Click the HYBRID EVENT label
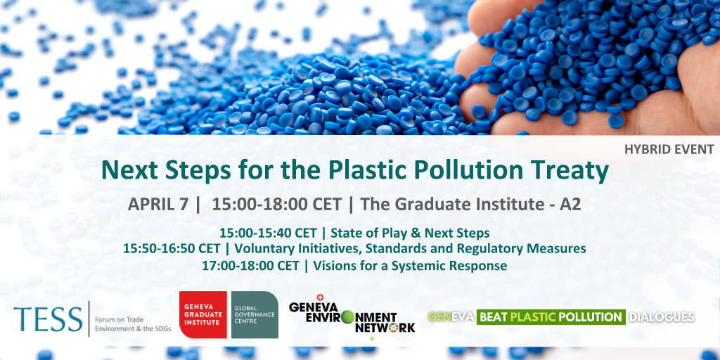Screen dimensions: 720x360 point(669,149)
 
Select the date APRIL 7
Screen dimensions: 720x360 point(158,205)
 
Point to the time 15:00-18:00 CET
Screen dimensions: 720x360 point(276,205)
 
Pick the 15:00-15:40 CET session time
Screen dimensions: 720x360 point(268,233)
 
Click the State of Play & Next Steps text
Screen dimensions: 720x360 point(410,233)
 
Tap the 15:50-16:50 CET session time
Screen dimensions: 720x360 point(172,248)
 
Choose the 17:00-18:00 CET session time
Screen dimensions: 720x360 point(250,265)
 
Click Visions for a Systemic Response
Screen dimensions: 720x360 point(410,265)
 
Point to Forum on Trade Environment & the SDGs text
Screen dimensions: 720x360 point(133,324)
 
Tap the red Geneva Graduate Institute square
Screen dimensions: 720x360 point(203,314)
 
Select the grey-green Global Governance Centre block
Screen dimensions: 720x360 point(255,314)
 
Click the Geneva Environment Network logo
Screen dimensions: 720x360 point(352,317)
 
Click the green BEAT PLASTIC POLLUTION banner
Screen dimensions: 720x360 point(551,317)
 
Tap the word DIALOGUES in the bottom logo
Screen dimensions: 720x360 point(662,317)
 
